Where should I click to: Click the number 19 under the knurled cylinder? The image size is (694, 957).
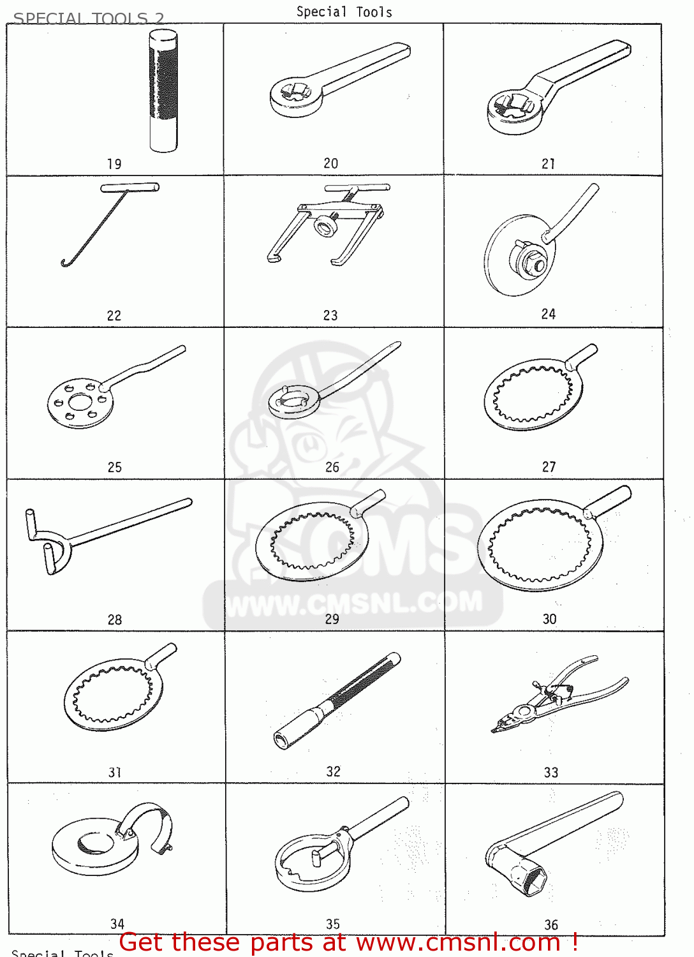click(x=114, y=164)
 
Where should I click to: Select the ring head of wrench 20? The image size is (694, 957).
click(x=294, y=96)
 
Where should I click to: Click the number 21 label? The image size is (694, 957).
click(x=549, y=164)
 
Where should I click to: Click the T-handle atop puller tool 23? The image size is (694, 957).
click(x=357, y=188)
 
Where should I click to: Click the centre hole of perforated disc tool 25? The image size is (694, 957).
click(x=80, y=403)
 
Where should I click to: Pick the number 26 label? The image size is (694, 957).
click(x=332, y=467)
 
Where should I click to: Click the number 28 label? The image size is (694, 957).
click(x=115, y=619)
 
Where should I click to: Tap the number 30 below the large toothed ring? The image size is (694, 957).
click(x=549, y=619)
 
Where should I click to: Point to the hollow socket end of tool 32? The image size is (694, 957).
click(x=281, y=741)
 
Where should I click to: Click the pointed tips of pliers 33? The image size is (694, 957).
click(x=497, y=727)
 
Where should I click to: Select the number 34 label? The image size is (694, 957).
click(x=117, y=924)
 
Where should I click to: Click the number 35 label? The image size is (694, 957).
click(x=333, y=924)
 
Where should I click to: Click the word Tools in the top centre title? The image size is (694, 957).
click(x=374, y=12)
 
